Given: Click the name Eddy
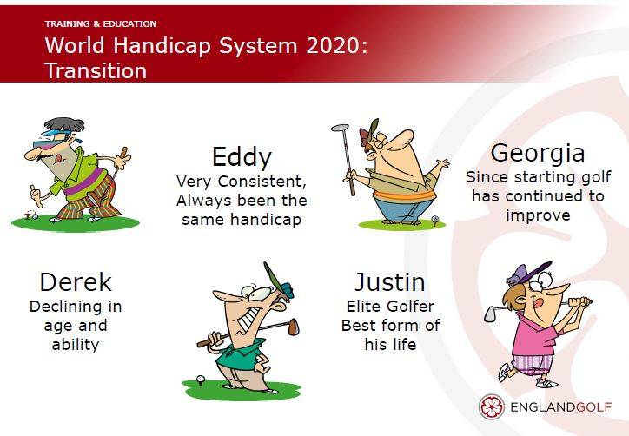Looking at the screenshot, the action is [x=242, y=157].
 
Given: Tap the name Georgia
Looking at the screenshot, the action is [x=538, y=154].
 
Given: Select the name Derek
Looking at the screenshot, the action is [x=76, y=282].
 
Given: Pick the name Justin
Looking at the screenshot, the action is [x=390, y=282].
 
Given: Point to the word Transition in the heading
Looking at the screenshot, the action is [x=96, y=71].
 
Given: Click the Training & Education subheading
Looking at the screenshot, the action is [x=101, y=24].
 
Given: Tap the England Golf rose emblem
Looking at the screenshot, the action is [x=492, y=407].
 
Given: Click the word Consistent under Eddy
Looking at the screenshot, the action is [x=262, y=182].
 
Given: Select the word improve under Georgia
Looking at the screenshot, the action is [x=538, y=215].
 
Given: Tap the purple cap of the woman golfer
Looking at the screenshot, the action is [x=527, y=273].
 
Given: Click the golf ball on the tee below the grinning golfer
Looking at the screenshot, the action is [x=200, y=378].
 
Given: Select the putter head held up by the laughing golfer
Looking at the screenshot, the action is [x=341, y=128].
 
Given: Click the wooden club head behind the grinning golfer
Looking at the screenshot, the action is [x=294, y=327].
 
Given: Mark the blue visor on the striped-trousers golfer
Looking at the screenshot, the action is [x=57, y=132].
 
